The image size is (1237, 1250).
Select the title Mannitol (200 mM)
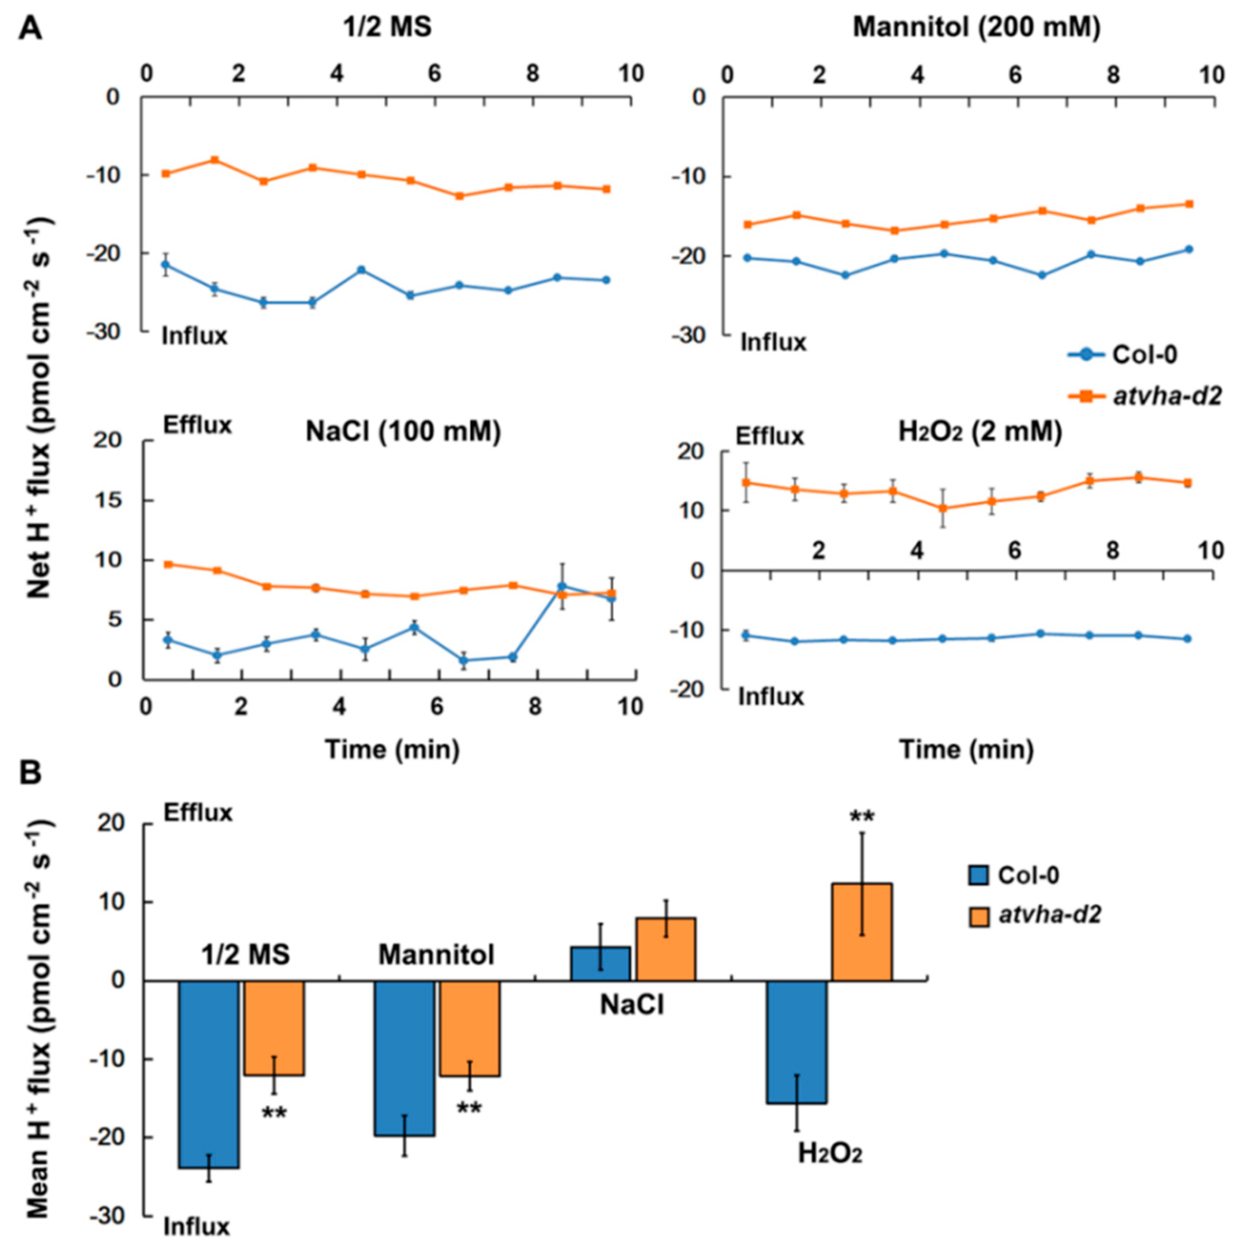[x=976, y=29]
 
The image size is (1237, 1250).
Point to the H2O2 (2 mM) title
[x=980, y=432]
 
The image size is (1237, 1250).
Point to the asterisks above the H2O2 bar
[x=862, y=817]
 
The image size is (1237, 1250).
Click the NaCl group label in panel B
[x=631, y=1005]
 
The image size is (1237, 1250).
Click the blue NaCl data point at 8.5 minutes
[x=562, y=586]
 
